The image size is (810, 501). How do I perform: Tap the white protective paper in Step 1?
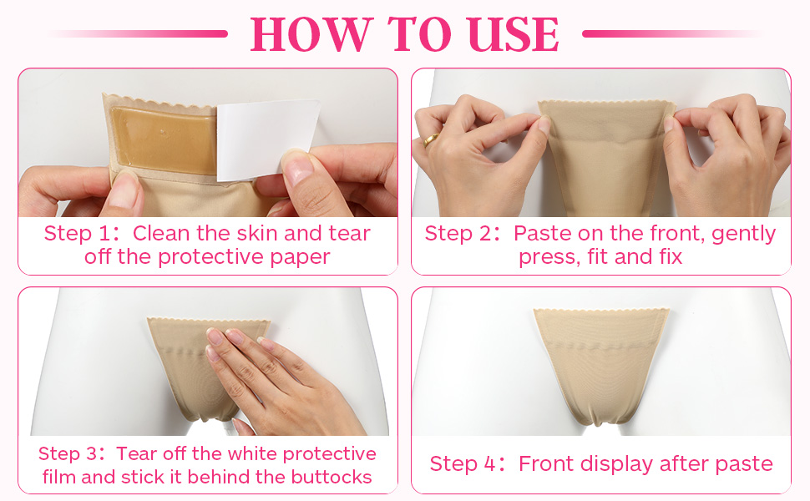point(266,139)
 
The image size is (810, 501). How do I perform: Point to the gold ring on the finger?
point(431,140)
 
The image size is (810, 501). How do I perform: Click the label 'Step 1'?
point(78,234)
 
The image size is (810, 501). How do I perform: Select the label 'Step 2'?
point(458,234)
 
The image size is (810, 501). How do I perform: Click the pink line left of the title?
point(139,33)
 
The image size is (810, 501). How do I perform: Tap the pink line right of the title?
point(671,33)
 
